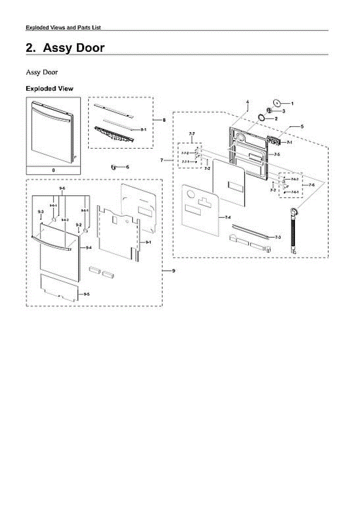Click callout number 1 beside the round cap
click(x=292, y=103)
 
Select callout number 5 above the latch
click(x=302, y=127)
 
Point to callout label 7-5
click(x=277, y=154)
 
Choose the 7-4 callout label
click(x=228, y=218)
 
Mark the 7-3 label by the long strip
click(x=277, y=237)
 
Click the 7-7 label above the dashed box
click(x=192, y=134)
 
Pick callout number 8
click(x=164, y=120)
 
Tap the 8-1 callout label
click(x=144, y=129)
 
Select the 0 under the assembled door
click(x=53, y=170)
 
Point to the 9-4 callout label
click(x=89, y=248)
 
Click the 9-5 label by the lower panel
click(x=87, y=294)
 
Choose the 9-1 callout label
click(x=149, y=242)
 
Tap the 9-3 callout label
click(x=40, y=212)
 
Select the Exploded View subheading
click(x=49, y=89)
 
